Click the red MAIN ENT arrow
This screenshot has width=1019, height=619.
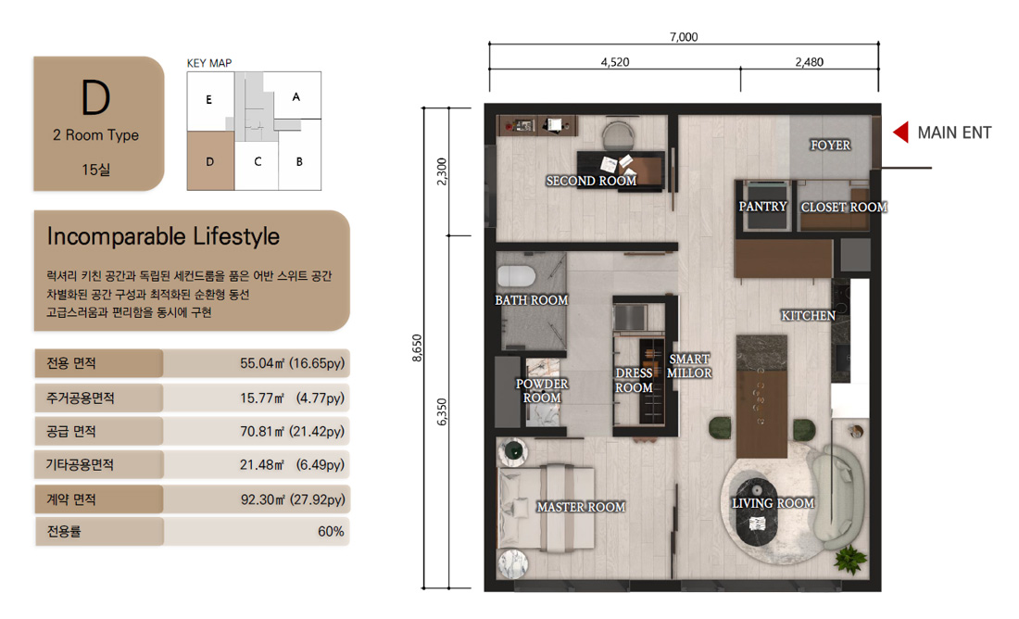(900, 133)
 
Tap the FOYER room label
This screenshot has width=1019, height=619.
(830, 145)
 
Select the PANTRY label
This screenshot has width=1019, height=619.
(762, 206)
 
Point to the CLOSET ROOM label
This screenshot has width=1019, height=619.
(844, 207)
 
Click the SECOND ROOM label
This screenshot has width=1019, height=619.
(591, 181)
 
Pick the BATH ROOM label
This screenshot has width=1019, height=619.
(531, 299)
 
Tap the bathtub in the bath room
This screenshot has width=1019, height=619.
(517, 276)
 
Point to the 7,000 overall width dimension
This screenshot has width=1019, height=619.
(684, 37)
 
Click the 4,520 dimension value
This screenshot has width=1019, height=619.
(615, 62)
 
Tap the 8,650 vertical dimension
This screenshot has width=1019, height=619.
(417, 347)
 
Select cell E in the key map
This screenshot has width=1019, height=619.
(210, 101)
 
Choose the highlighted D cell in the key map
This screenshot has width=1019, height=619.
(210, 161)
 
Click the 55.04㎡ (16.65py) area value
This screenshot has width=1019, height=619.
(292, 363)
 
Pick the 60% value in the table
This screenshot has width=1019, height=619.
(331, 531)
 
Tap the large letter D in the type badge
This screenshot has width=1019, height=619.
(95, 97)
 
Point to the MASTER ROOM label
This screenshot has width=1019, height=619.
(580, 507)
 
